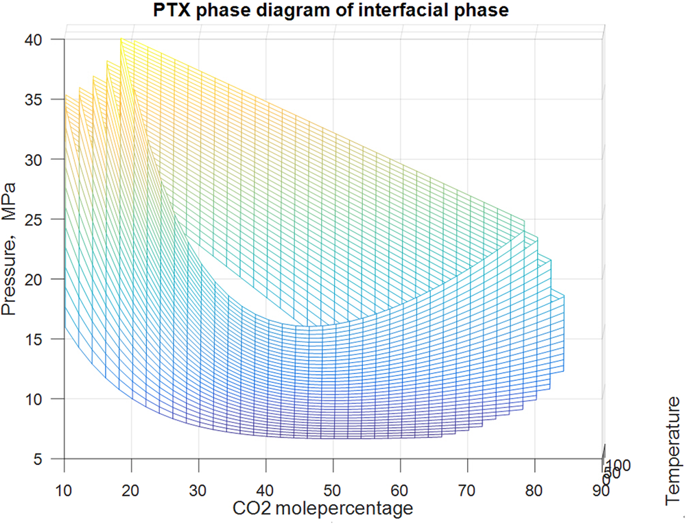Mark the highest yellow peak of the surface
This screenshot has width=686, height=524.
pos(121,39)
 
